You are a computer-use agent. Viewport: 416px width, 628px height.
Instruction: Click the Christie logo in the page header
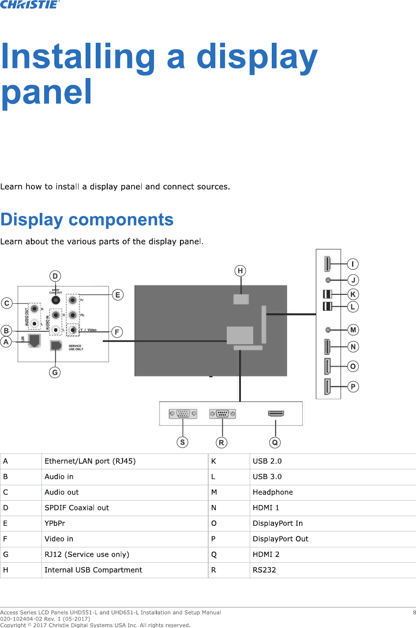coord(30,4)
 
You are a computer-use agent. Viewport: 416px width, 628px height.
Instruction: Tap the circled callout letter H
coord(240,271)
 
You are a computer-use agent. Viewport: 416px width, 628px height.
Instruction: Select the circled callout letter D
coord(55,276)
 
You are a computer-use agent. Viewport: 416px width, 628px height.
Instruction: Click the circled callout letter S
coord(183,442)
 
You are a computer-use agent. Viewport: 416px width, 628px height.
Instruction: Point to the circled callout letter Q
coord(275,442)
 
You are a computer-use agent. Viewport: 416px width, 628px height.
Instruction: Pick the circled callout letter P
coord(353,386)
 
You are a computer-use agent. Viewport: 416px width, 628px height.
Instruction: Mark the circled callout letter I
coord(353,264)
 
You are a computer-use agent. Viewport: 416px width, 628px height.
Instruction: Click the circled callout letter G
coord(55,372)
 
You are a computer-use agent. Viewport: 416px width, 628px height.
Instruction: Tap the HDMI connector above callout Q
coord(276,413)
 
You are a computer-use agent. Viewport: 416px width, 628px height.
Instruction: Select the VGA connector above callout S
coord(183,414)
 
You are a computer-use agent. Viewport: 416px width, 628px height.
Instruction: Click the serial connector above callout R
coord(222,414)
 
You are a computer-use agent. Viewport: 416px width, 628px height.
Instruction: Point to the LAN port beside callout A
coord(34,340)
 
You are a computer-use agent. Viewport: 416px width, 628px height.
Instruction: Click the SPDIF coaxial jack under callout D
coord(56,300)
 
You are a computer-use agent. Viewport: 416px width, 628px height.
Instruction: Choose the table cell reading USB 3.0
coord(267,476)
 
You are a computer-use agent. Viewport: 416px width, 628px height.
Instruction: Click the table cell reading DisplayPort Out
coord(280,539)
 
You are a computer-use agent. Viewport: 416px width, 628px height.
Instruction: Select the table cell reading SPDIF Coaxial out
coord(77,508)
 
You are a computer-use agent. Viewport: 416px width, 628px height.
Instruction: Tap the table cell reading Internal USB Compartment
coord(93,570)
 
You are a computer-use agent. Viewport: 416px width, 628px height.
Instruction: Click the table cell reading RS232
coord(264,570)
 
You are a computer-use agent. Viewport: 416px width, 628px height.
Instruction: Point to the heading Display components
coord(87,219)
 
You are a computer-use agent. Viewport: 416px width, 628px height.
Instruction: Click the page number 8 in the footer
coord(414,612)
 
